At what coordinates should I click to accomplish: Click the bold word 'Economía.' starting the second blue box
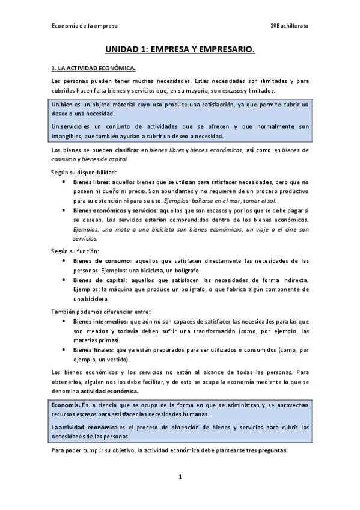[67, 405]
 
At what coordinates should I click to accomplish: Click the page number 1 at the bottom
[180, 476]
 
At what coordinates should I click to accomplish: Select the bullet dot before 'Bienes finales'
[64, 349]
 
